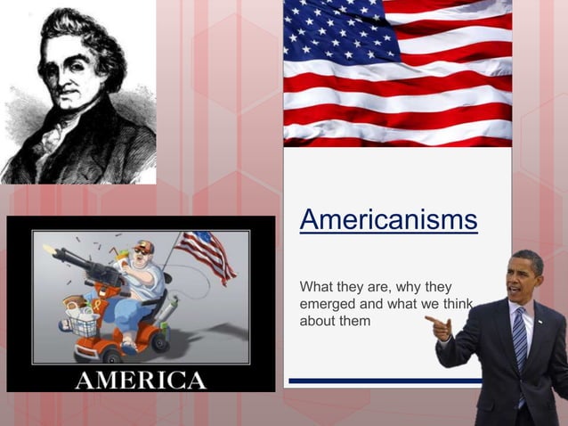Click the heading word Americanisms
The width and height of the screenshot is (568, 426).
pyautogui.click(x=388, y=219)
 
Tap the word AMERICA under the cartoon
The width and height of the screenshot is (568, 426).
pyautogui.click(x=141, y=379)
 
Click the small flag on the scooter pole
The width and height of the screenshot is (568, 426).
pyautogui.click(x=204, y=252)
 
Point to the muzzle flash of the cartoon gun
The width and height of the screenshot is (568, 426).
pyautogui.click(x=50, y=250)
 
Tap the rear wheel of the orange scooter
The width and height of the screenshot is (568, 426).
pyautogui.click(x=156, y=341)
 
